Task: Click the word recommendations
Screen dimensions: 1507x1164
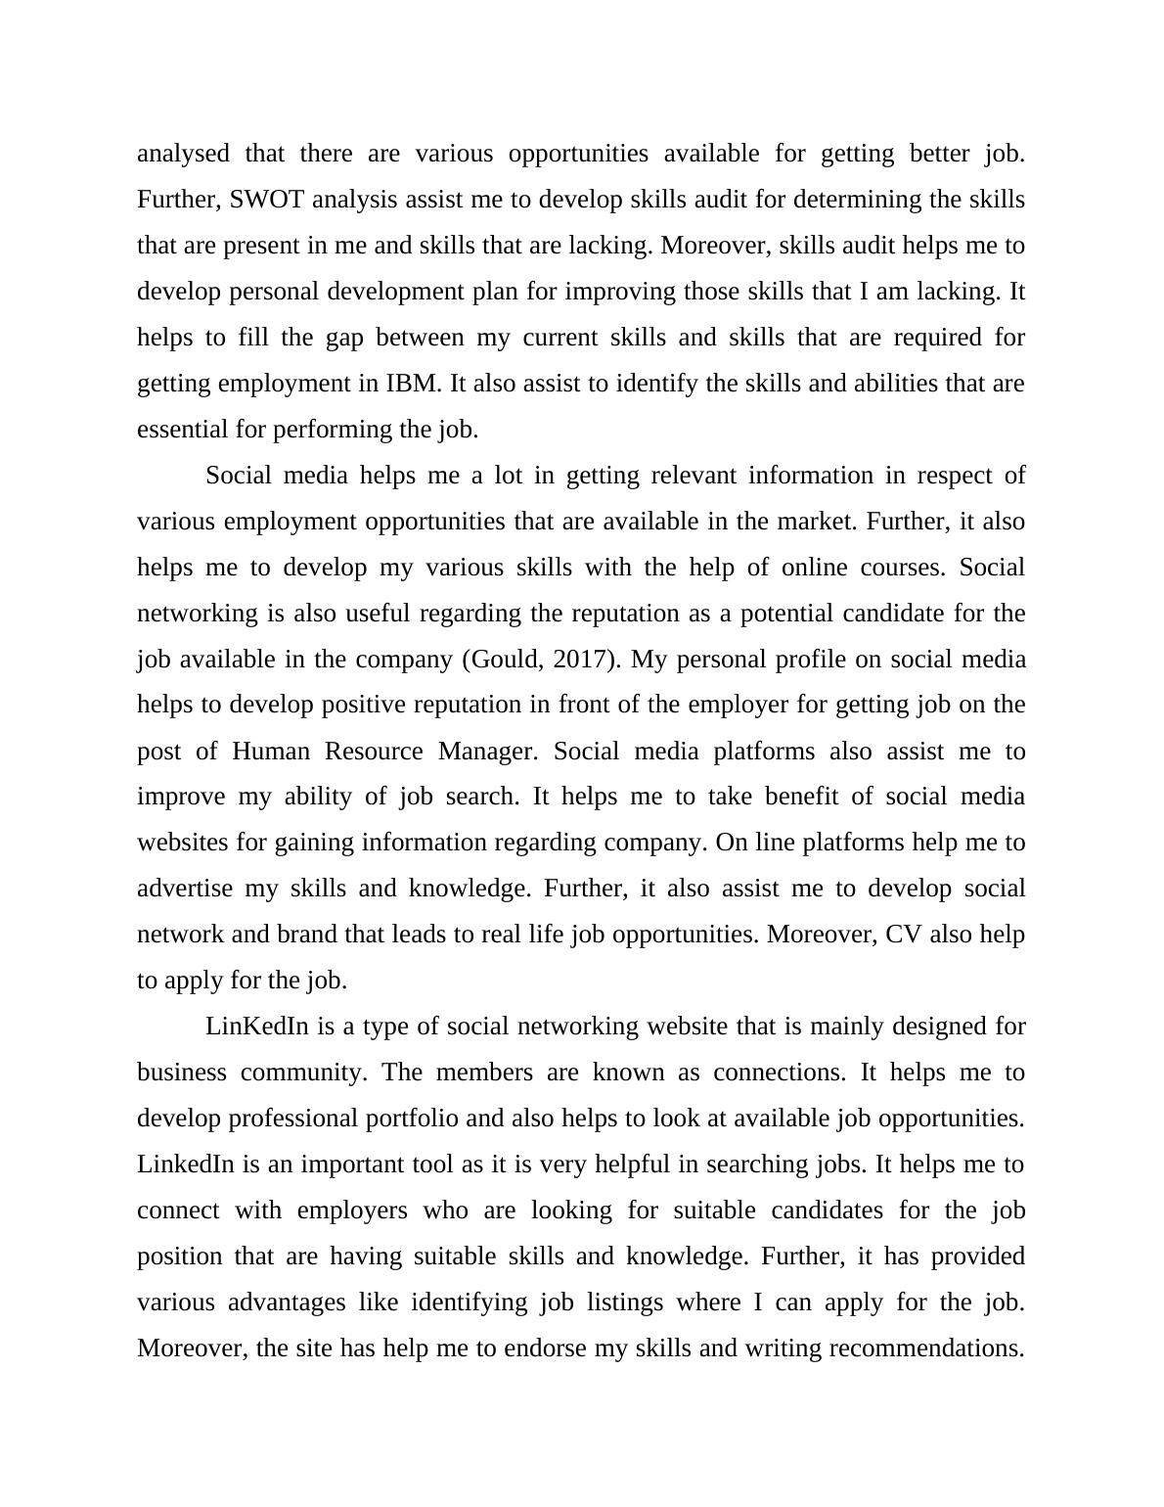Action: tap(925, 1348)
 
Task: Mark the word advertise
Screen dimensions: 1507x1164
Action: tap(185, 889)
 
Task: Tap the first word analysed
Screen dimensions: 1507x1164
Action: tap(183, 154)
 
